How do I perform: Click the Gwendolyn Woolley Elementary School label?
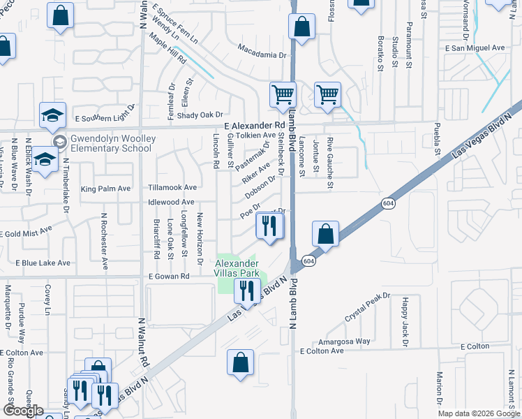[x=111, y=143]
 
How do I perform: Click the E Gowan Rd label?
[x=169, y=277]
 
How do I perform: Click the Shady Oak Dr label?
[x=200, y=115]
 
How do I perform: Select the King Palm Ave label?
[x=105, y=189]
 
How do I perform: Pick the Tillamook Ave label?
[x=172, y=188]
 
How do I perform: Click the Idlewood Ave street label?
[x=171, y=202]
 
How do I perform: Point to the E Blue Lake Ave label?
[x=43, y=263]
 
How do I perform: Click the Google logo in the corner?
[x=22, y=411]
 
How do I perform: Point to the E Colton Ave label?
[x=322, y=351]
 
